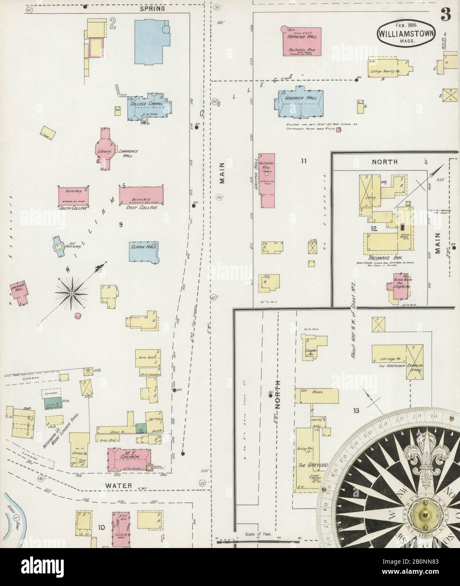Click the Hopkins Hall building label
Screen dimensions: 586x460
[x=300, y=37]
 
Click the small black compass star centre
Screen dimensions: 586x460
[x=72, y=293]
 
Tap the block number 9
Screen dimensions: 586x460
[x=120, y=225]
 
